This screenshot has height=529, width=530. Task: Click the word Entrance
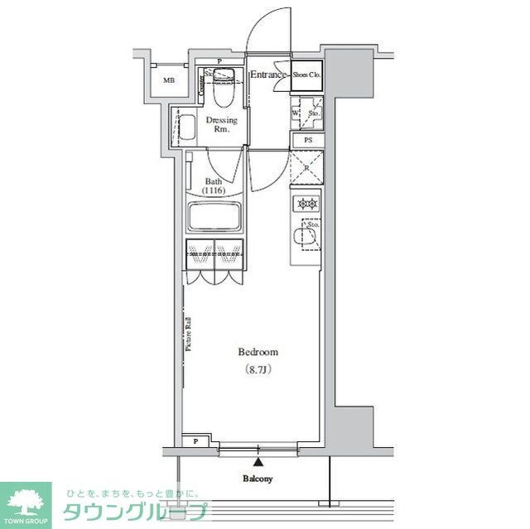(268, 75)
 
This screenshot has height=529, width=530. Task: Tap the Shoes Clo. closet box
(306, 75)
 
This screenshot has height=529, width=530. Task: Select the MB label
(168, 80)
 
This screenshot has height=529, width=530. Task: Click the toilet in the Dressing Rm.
(222, 93)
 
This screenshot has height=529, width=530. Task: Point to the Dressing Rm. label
(221, 125)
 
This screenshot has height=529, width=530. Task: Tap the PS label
(307, 141)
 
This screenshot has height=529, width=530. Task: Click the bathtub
(214, 218)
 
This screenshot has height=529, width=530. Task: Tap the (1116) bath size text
(214, 190)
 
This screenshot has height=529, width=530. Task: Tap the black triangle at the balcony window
(258, 461)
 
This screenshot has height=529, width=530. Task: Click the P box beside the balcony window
(196, 442)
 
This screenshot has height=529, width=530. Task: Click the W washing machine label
(296, 113)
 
